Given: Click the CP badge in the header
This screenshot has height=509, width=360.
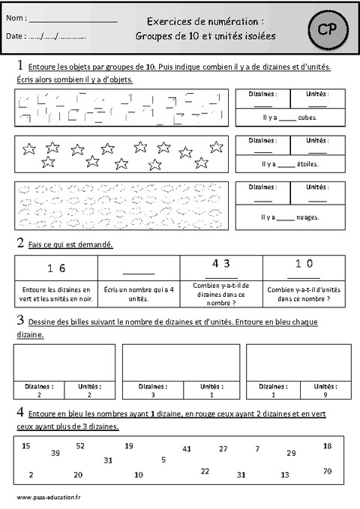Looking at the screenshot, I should tap(324, 29).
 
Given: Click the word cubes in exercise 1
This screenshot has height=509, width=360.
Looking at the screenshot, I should tap(305, 117).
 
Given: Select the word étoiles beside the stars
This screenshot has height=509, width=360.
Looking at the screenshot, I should tap(305, 163).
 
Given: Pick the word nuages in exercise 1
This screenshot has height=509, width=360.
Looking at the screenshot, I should tap(307, 217).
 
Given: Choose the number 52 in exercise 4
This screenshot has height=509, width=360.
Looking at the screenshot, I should tap(80, 445).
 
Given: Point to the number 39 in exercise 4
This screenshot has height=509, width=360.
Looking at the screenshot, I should tap(55, 453).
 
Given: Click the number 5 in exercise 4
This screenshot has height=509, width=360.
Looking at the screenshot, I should tap(163, 460).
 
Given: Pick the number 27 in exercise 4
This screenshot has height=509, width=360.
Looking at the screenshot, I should tap(223, 448).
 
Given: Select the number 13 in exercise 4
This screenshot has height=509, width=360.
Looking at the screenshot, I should tap(284, 475).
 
